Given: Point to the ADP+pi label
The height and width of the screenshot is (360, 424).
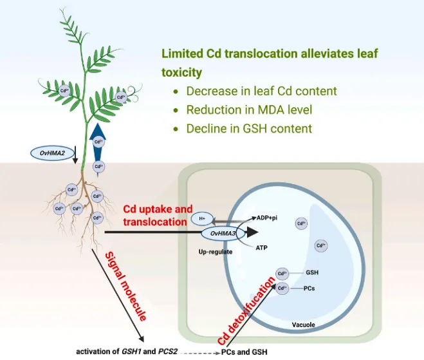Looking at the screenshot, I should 266,218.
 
